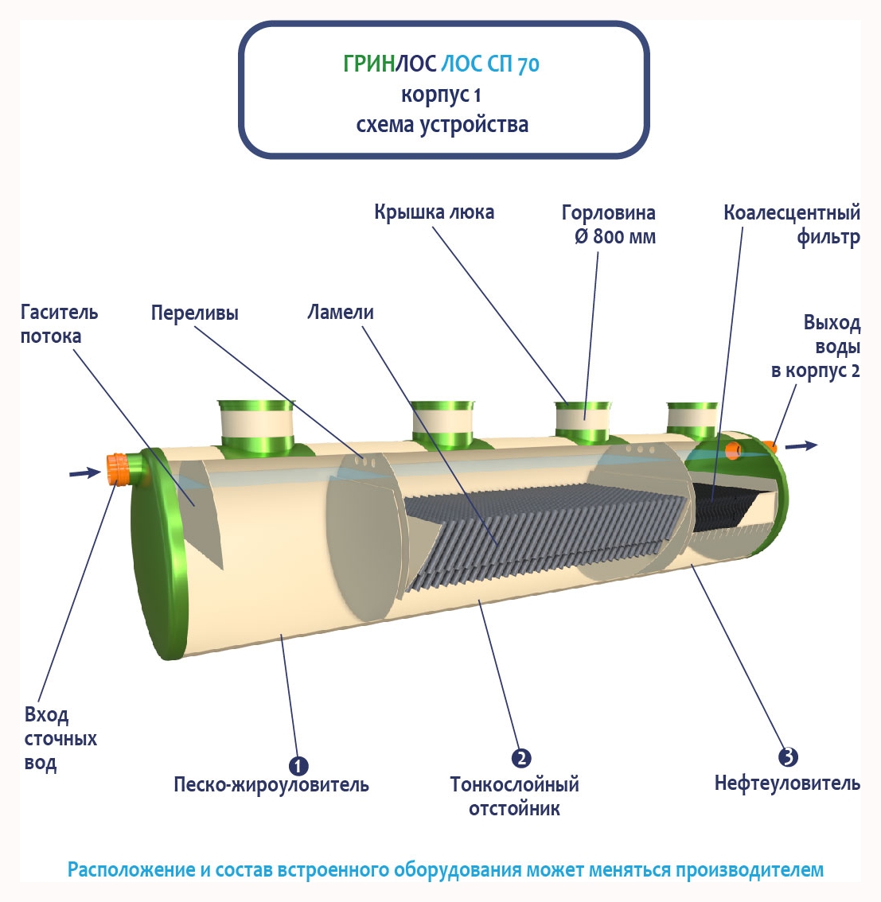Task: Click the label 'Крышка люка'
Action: click(x=434, y=212)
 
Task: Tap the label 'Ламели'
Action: click(x=341, y=313)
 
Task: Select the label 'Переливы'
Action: click(x=194, y=313)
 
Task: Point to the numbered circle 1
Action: click(x=298, y=766)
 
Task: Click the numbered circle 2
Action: click(x=521, y=758)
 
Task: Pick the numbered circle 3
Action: click(x=787, y=756)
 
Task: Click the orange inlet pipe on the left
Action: click(x=119, y=468)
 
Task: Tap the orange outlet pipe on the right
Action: click(x=770, y=447)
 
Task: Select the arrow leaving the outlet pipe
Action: click(x=801, y=445)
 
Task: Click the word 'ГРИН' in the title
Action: click(x=368, y=64)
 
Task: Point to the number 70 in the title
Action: click(x=528, y=65)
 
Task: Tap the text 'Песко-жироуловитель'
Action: click(x=271, y=785)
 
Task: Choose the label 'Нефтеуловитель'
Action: click(x=787, y=783)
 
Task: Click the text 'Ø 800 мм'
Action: click(x=615, y=237)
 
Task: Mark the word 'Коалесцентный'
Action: click(x=792, y=213)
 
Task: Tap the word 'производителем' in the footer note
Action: click(x=750, y=869)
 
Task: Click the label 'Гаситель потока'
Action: click(x=59, y=324)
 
